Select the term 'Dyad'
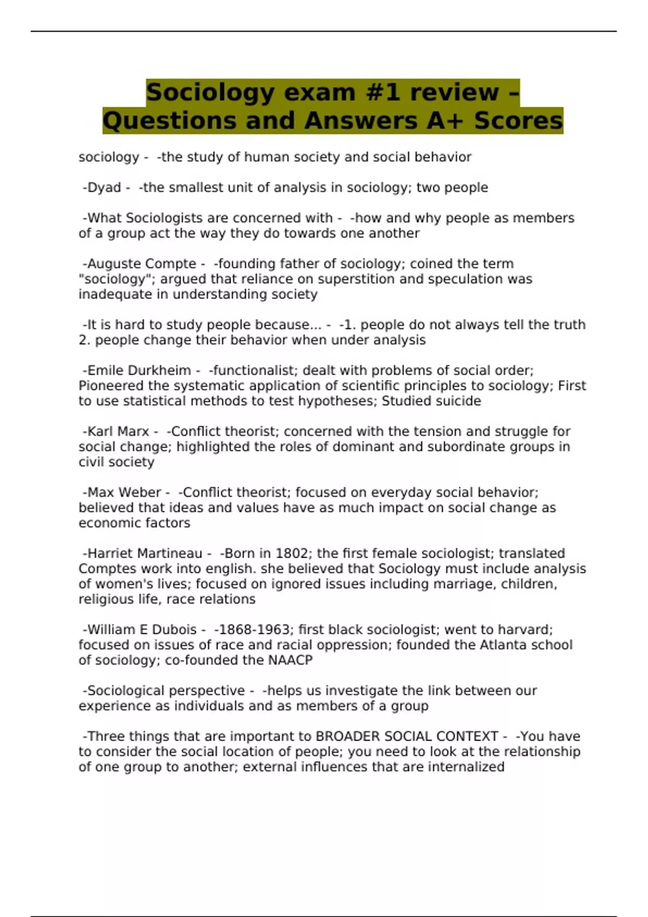pyautogui.click(x=104, y=188)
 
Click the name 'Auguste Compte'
pyautogui.click(x=141, y=264)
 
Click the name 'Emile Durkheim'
pyautogui.click(x=139, y=371)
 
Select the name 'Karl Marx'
pyautogui.click(x=118, y=432)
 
